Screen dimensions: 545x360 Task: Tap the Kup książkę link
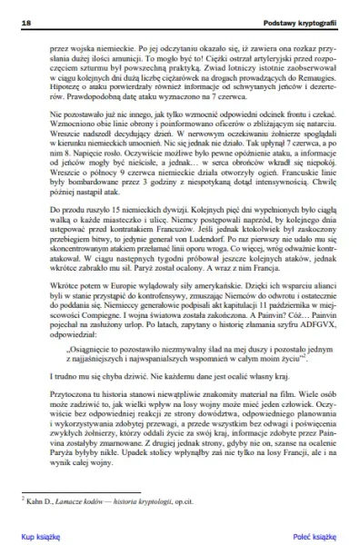click(x=40, y=536)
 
